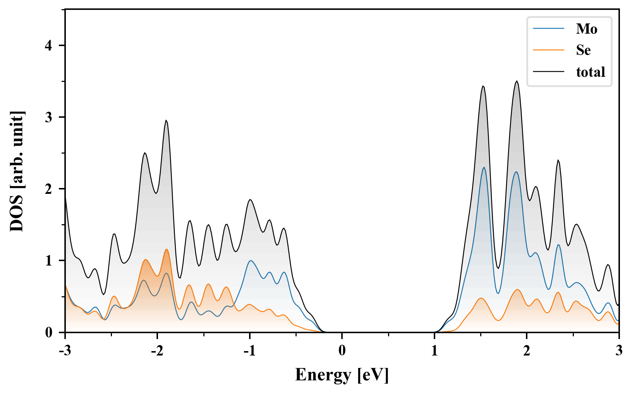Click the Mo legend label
[x=586, y=29]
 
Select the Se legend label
[x=583, y=50]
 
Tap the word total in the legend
[x=591, y=72]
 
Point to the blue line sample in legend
[x=549, y=29]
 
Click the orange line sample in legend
[x=549, y=50]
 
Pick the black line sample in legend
[x=549, y=72]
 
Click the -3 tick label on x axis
[x=65, y=350]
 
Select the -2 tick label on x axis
[x=157, y=350]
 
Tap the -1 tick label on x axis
[x=249, y=350]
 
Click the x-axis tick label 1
[x=434, y=350]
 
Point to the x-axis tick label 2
[x=527, y=350]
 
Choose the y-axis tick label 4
[x=49, y=45]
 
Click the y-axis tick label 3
[x=49, y=117]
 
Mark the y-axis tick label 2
[x=49, y=189]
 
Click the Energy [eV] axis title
[x=342, y=375]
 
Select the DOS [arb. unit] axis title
[x=17, y=171]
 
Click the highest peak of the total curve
[x=516, y=81]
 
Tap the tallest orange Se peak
[x=166, y=249]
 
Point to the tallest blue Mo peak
[x=484, y=168]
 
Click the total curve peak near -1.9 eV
[x=166, y=120]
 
